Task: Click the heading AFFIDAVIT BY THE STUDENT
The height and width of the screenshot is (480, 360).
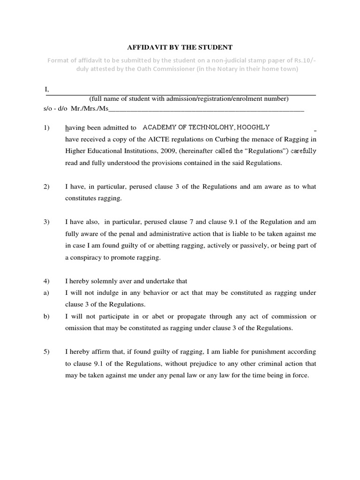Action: tap(180, 47)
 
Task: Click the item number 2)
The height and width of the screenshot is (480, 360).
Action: tap(46, 187)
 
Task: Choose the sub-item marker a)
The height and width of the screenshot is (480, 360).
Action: tap(46, 293)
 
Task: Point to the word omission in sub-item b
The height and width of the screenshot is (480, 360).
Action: tap(78, 328)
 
